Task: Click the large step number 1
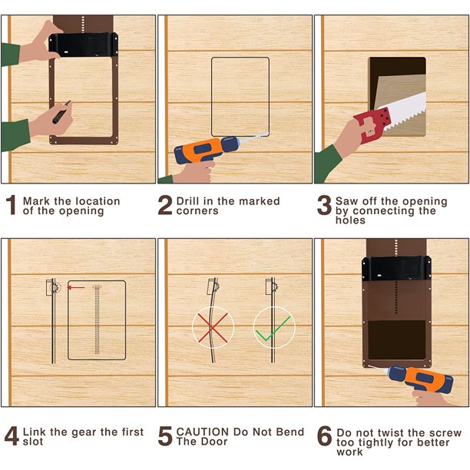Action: click(x=12, y=205)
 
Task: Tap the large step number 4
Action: click(x=12, y=436)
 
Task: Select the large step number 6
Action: click(x=324, y=436)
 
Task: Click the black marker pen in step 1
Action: click(x=61, y=112)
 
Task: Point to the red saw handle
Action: click(x=372, y=124)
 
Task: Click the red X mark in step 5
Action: click(x=213, y=328)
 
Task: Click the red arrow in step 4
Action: click(x=75, y=288)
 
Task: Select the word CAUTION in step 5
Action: click(x=203, y=432)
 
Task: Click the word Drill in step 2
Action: click(x=188, y=201)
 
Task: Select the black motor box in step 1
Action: click(x=84, y=45)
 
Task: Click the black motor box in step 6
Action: click(x=396, y=268)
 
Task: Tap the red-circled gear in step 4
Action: click(x=55, y=288)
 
